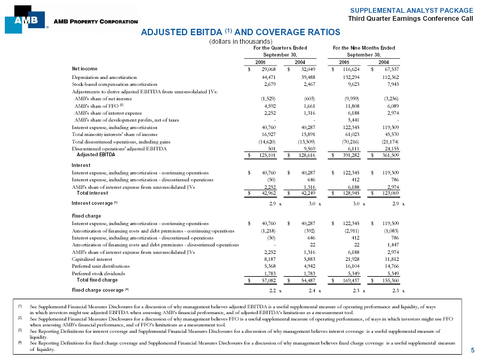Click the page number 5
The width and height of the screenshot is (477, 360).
coord(472,350)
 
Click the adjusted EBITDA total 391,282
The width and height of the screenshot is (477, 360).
coord(348,155)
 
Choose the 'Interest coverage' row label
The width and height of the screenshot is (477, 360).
coord(92,203)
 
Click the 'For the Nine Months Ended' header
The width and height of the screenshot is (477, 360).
coord(364,47)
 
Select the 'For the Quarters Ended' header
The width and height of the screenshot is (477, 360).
coord(280,47)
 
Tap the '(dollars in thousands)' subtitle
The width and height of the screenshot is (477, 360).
coord(241,41)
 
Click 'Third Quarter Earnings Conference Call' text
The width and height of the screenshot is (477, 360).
coord(410,19)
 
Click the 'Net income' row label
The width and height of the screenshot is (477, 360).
coord(84,69)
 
